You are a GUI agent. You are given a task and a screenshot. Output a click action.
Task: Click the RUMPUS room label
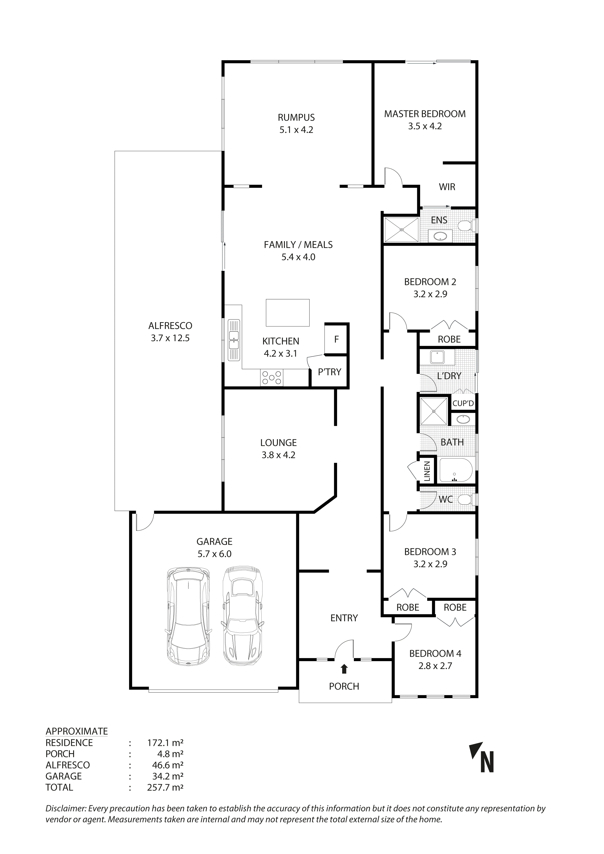(x=296, y=118)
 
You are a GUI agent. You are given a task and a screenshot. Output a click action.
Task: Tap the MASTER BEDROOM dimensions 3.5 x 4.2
(x=425, y=126)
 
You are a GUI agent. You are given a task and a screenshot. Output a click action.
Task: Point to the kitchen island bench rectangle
(x=287, y=312)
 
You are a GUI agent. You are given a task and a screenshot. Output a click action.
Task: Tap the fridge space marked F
(x=336, y=339)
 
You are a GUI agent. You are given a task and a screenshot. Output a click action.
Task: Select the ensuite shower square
(x=401, y=230)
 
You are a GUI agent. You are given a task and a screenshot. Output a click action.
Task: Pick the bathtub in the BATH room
(x=456, y=470)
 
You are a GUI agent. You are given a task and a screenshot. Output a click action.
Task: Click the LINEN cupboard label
(x=427, y=471)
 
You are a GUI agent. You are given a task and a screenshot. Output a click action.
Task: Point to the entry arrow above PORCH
(x=344, y=669)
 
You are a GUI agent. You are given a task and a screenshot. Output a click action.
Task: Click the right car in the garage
(x=243, y=616)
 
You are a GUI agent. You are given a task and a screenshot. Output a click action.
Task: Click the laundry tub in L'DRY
(x=437, y=357)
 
